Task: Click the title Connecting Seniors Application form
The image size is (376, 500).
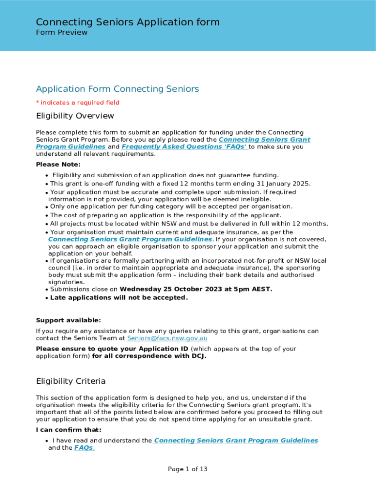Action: click(x=127, y=22)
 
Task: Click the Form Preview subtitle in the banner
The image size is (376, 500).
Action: click(x=62, y=33)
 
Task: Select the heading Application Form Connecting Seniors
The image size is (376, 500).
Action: click(x=117, y=89)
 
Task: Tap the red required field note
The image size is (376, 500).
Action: click(x=78, y=103)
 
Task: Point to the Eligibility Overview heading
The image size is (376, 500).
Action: click(x=75, y=116)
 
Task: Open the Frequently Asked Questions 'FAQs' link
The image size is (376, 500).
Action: click(x=185, y=146)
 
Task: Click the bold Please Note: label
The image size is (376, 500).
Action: click(x=58, y=165)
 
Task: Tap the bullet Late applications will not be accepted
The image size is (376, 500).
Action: click(x=119, y=298)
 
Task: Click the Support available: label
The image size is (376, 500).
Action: click(x=68, y=320)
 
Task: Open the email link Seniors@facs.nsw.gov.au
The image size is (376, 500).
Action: click(x=167, y=338)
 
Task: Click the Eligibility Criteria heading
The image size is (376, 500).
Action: click(x=71, y=381)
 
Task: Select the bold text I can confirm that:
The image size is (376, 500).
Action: click(x=68, y=430)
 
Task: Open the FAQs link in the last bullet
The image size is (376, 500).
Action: click(x=84, y=448)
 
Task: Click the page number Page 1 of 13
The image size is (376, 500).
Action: click(x=188, y=469)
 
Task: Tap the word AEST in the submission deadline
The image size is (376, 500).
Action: click(x=260, y=289)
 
